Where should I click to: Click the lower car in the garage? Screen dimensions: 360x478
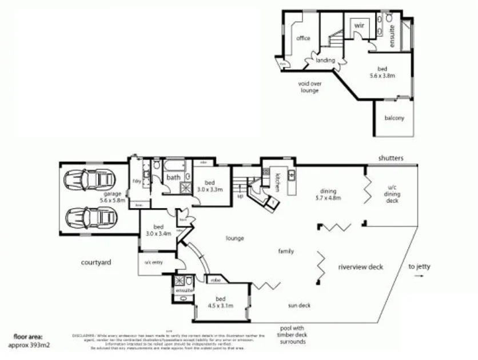tap(92, 218)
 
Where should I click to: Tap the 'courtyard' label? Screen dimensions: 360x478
tap(95, 263)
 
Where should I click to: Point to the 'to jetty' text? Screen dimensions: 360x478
tap(420, 266)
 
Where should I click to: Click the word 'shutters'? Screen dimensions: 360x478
tap(391, 158)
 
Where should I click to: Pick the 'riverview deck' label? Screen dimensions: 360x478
tap(360, 267)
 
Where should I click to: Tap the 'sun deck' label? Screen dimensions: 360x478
tap(299, 305)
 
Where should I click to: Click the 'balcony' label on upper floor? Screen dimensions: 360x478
tap(394, 118)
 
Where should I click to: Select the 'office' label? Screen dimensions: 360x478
tap(303, 38)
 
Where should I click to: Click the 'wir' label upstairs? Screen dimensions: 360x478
tap(359, 26)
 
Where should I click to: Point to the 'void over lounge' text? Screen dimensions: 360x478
tap(309, 87)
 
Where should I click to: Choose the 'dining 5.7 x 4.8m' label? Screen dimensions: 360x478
tap(329, 195)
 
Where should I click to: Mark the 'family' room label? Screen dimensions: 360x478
tap(286, 251)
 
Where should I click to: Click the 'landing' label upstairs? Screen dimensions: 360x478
tap(325, 60)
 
